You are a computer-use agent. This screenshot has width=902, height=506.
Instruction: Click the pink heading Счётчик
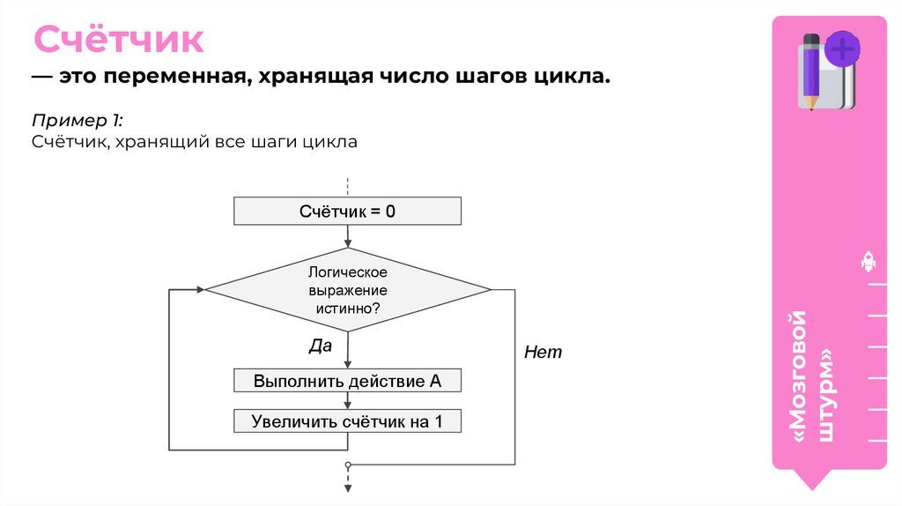[119, 41]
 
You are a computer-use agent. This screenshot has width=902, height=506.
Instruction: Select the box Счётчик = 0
[347, 212]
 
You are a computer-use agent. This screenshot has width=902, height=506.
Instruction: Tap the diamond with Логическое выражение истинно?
[348, 289]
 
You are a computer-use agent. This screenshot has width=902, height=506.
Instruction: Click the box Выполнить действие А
[347, 382]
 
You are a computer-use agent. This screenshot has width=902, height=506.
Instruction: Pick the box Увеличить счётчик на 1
[347, 420]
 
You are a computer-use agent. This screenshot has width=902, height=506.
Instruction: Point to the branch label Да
[320, 346]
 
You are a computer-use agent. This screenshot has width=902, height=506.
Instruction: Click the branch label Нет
[543, 352]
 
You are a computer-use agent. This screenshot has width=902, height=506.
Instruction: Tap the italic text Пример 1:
[78, 120]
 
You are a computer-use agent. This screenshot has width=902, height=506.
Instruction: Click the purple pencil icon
[810, 71]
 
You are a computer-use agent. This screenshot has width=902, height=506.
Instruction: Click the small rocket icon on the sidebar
[868, 262]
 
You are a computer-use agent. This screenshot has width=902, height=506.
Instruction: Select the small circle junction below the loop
[348, 464]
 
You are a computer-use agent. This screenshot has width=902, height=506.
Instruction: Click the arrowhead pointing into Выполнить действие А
[348, 365]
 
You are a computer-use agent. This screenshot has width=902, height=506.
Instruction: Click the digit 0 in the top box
[389, 212]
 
